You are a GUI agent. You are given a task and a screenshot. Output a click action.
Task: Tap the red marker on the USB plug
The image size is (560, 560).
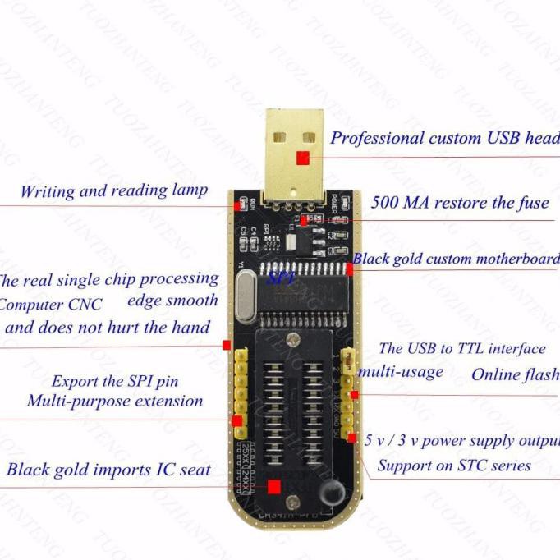[303, 158]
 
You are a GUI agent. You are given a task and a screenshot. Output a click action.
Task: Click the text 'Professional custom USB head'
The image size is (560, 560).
[444, 138]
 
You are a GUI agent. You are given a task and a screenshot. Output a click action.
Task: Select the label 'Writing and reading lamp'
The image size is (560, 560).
[114, 191]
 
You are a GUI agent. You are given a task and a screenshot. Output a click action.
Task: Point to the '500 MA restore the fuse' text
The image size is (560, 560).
[460, 203]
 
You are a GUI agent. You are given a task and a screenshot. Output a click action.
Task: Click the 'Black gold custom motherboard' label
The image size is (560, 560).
[456, 259]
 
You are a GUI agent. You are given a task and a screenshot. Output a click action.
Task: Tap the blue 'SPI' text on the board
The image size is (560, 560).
[281, 278]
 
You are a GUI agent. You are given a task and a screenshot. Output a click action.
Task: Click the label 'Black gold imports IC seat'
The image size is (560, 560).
[108, 470]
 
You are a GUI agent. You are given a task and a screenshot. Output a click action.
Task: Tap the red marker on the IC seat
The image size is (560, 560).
[274, 487]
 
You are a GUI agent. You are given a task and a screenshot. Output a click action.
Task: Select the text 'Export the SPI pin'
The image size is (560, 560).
[115, 381]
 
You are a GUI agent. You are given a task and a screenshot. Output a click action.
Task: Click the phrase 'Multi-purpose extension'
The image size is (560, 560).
[115, 402]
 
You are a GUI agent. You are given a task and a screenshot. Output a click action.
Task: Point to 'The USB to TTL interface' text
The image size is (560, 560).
[461, 349]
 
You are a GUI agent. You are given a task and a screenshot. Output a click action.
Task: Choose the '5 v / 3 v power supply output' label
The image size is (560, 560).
[461, 440]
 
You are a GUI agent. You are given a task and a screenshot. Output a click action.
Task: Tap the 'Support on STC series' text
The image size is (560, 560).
[454, 466]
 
